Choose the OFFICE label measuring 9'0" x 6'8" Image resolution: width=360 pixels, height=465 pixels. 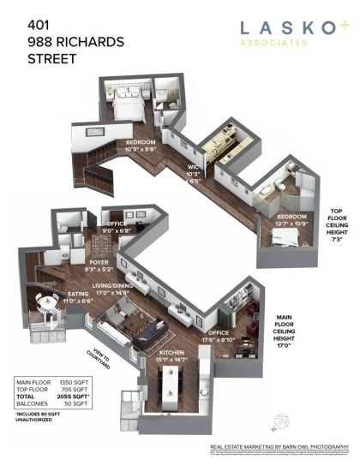click(117, 224)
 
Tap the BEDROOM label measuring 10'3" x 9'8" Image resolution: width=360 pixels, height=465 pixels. click(141, 142)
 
